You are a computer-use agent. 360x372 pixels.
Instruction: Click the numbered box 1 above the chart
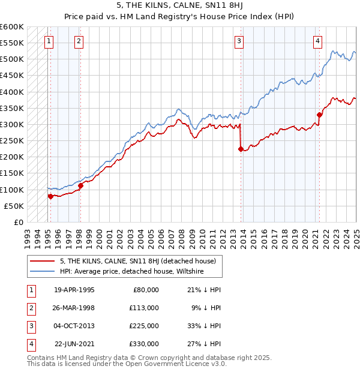click(x=48, y=41)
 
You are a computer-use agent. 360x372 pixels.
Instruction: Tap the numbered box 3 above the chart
click(x=239, y=41)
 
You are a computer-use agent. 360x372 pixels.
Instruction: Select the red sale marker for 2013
click(x=241, y=149)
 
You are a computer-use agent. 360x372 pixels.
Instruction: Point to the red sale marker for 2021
click(x=320, y=115)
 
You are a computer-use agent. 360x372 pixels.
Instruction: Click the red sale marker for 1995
click(x=50, y=196)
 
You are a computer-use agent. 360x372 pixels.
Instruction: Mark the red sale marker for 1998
click(x=80, y=185)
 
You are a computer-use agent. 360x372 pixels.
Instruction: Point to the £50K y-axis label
click(x=14, y=206)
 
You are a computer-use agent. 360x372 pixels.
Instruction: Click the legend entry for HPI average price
click(x=132, y=271)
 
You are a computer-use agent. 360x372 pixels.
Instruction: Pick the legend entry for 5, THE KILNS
click(x=141, y=261)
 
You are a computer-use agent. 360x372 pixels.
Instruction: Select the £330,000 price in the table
click(x=143, y=344)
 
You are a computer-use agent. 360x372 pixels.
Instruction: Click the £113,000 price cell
click(x=143, y=308)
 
